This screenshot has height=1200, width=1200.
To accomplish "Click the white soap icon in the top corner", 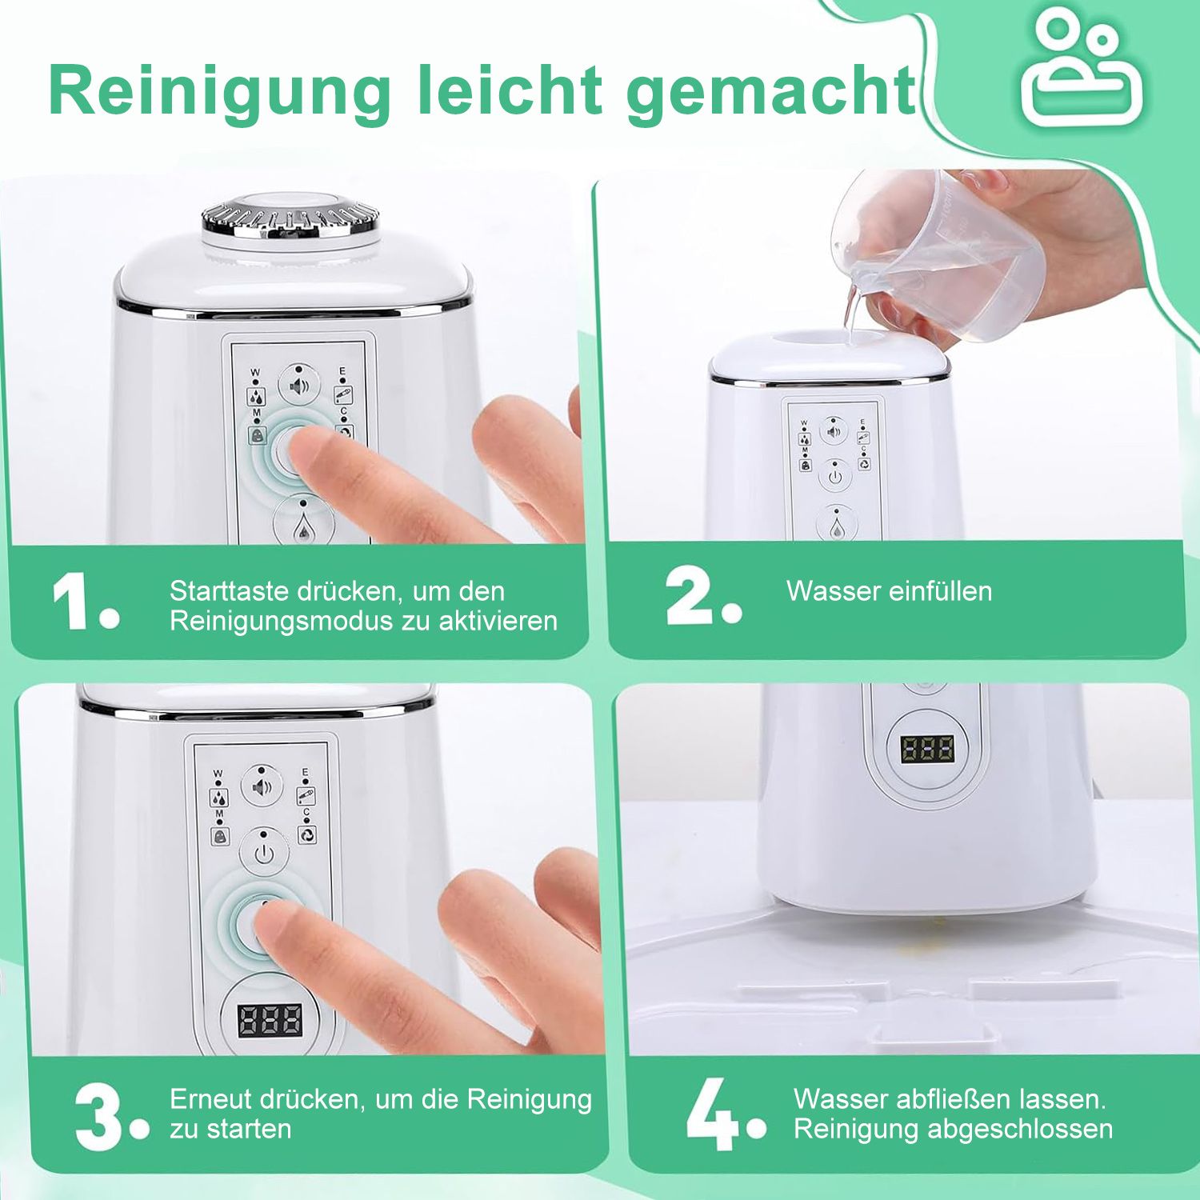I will (x=1084, y=70).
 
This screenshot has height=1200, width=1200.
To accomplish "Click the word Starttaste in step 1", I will (x=227, y=591).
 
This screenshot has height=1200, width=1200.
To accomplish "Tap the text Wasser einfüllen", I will (x=889, y=591).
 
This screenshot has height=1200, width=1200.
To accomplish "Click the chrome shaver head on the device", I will (x=290, y=218).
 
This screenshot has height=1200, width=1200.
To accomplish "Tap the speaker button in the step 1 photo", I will (x=298, y=386).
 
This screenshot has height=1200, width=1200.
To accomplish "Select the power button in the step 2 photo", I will (x=835, y=475).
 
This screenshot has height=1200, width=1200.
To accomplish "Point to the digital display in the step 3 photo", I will (x=270, y=1020).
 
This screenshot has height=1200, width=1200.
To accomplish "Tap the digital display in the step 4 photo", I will (x=926, y=750).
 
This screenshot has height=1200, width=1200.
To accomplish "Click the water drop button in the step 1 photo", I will (x=302, y=524).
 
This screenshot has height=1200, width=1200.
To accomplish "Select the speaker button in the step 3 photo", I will (x=262, y=787).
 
